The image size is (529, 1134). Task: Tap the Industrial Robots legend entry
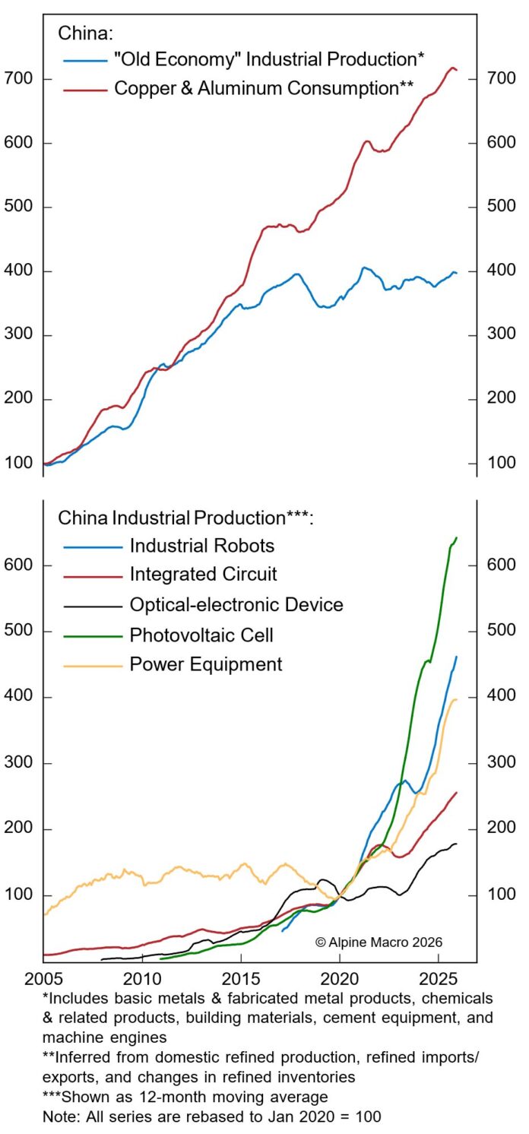202,546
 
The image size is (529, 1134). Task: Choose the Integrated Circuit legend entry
203,575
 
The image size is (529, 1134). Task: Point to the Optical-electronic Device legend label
236,605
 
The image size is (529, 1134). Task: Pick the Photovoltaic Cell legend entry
201,635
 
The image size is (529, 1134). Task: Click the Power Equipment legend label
206,664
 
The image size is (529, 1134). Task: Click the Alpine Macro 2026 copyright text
379,942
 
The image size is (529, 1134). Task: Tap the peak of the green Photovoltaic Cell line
457,538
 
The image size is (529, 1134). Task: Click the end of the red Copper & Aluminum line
456,71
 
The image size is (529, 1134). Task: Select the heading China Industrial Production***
186,518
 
